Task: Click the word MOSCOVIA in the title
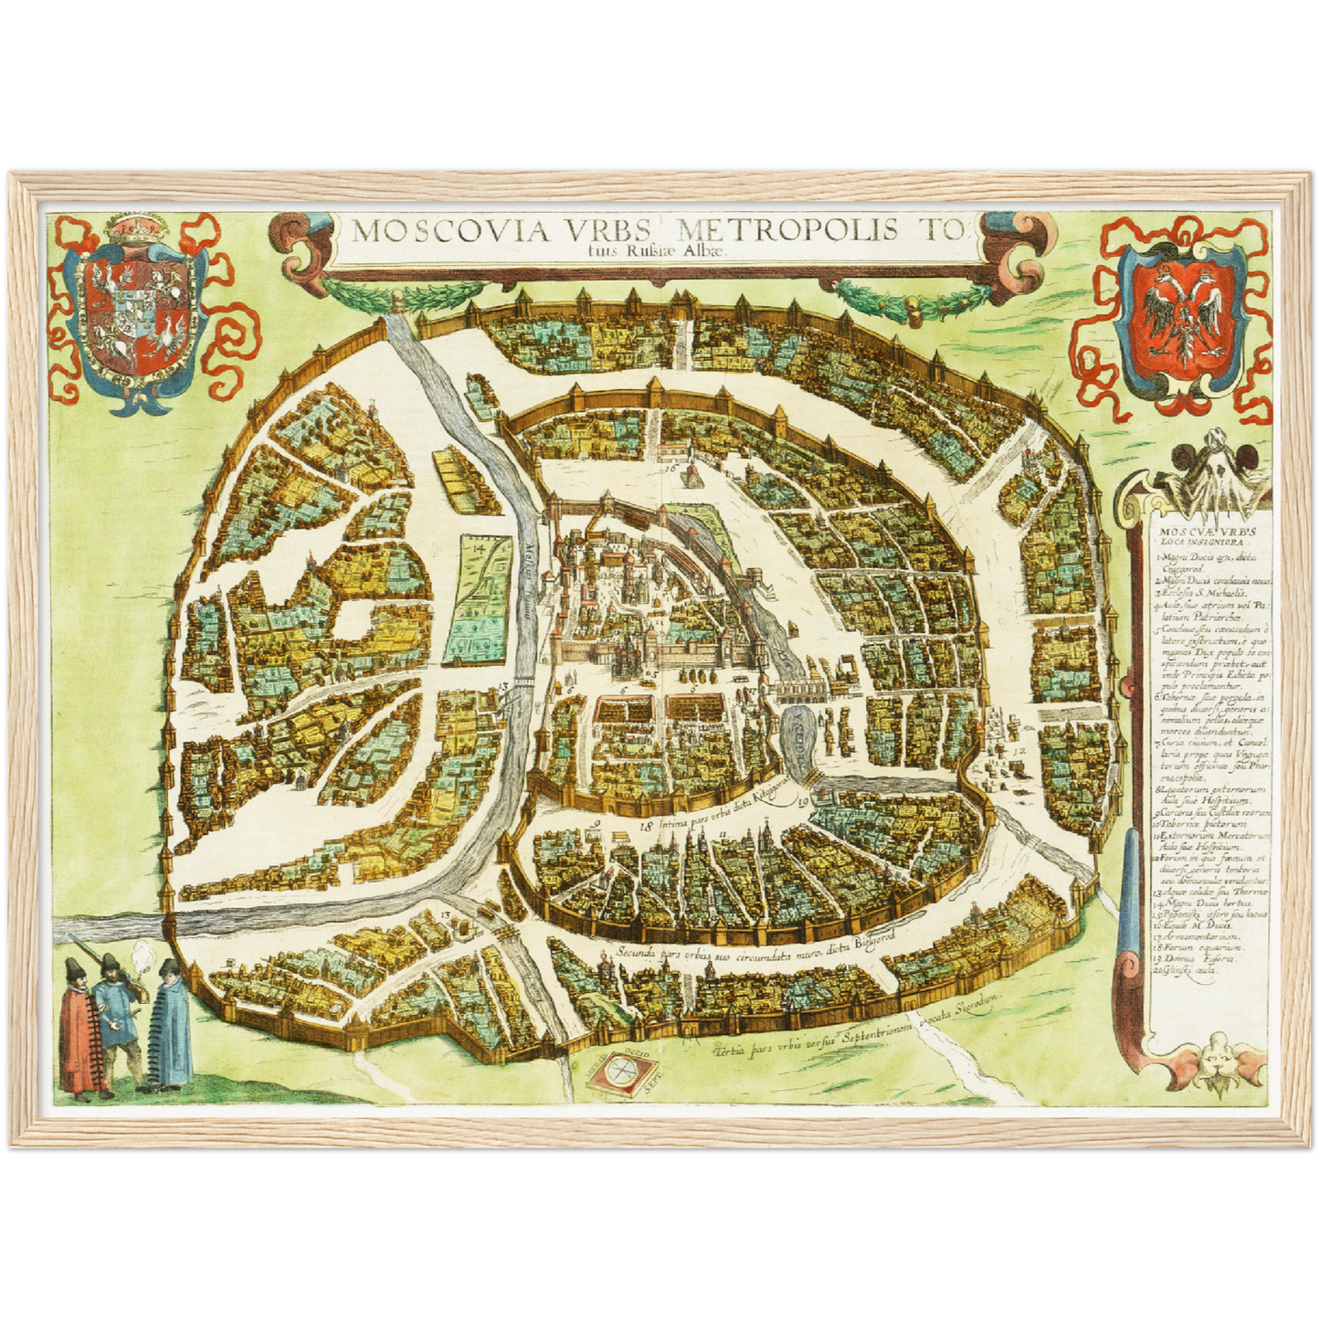click(x=448, y=231)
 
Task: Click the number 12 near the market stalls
click(x=1019, y=750)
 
